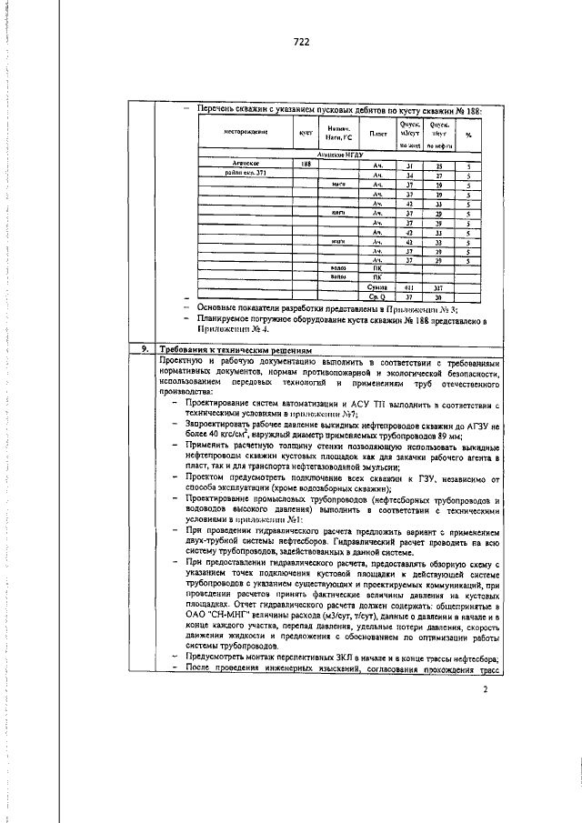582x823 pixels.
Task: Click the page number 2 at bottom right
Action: point(486,740)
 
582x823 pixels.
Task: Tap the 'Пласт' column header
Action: point(378,134)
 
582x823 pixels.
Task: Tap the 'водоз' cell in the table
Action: point(336,268)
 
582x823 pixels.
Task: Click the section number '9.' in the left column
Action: point(142,348)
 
